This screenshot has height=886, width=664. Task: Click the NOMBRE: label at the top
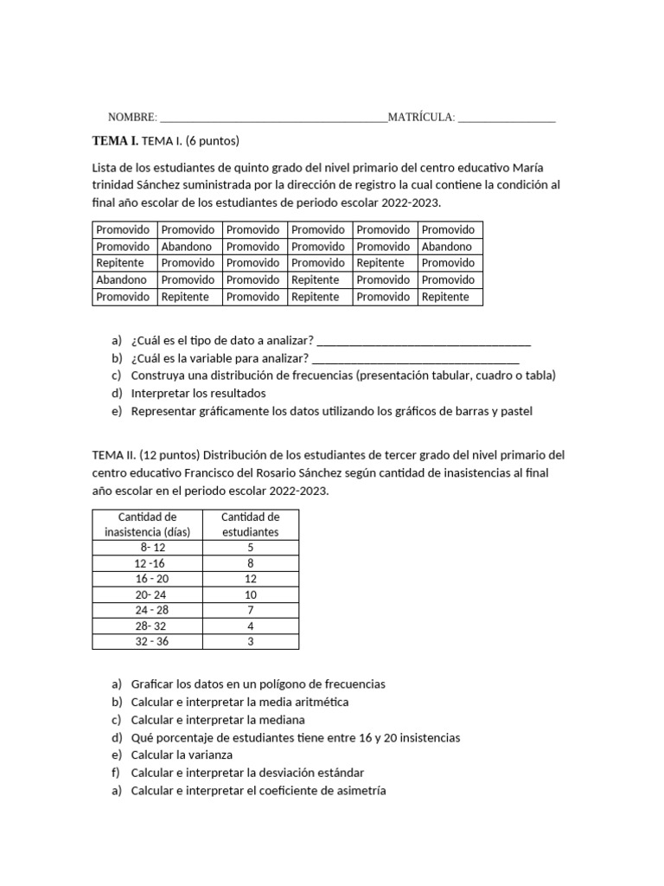point(132,117)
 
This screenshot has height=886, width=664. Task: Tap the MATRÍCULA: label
point(421,117)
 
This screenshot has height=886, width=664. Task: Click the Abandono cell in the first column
point(121,280)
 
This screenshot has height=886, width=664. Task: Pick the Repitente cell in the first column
point(120,263)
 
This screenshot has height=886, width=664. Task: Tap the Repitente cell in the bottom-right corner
point(445,297)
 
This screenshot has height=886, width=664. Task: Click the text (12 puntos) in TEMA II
point(169,455)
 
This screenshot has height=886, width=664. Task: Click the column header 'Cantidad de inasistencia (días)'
point(147,524)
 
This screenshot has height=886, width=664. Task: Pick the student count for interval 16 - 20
point(250,579)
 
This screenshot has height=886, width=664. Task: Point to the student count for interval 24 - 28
point(250,610)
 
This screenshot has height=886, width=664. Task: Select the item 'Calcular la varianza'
point(182,755)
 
